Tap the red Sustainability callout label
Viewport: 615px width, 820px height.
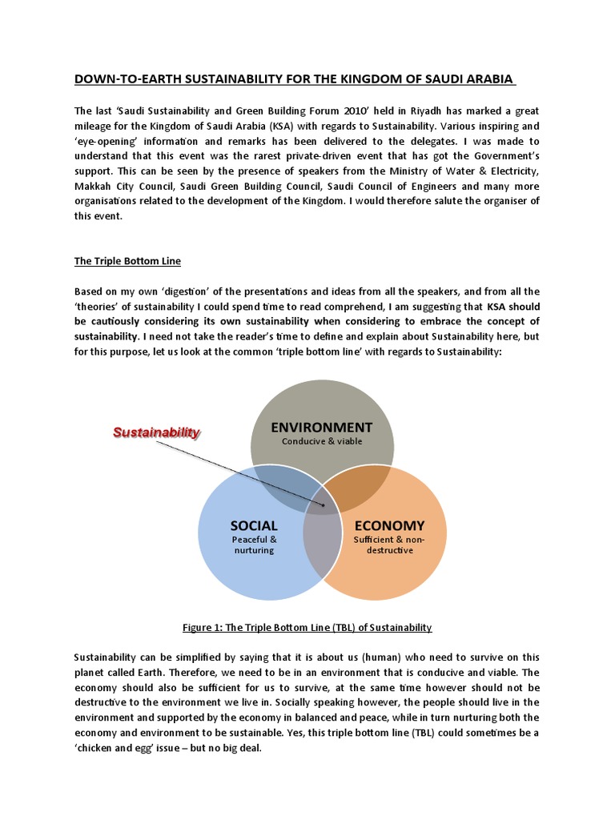click(156, 432)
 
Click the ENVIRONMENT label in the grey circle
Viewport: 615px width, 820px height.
click(322, 427)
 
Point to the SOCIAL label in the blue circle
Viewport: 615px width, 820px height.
click(253, 526)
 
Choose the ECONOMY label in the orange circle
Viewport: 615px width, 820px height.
click(388, 526)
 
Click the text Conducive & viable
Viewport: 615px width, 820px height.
click(322, 441)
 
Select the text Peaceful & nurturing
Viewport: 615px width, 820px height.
click(253, 545)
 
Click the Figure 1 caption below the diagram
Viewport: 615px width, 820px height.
click(307, 627)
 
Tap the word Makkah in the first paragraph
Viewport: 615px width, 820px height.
click(93, 187)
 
